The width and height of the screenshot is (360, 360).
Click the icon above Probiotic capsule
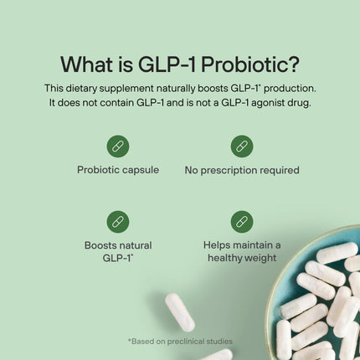pos(117,146)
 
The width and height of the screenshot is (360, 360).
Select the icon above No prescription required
pos(242,146)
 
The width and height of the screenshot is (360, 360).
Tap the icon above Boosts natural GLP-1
pos(117,221)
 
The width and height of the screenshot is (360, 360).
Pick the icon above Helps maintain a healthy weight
pos(242,221)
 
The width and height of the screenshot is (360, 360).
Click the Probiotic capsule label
pos(117,170)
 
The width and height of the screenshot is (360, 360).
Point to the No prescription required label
pos(242,170)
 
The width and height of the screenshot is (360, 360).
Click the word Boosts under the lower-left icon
pos(100,244)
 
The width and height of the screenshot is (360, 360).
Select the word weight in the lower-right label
pos(259,258)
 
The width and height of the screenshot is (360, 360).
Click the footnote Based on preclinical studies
pos(180,341)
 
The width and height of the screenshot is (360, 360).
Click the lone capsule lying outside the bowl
pos(179,311)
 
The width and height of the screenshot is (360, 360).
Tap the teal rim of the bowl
pos(276,264)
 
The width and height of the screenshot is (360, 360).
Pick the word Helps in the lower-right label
pos(220,244)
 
